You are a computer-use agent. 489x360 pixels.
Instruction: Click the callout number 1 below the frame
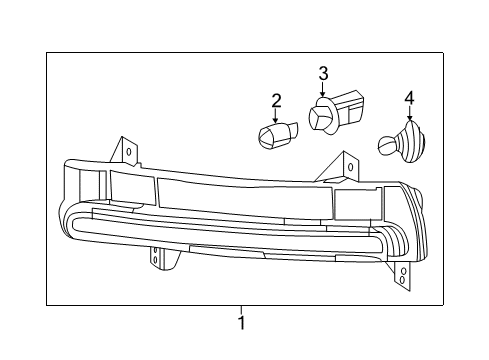[240, 323]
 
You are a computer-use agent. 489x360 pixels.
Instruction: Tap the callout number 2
[276, 101]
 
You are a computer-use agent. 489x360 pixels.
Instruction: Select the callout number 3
[323, 72]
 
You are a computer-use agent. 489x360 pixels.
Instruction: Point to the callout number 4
[409, 98]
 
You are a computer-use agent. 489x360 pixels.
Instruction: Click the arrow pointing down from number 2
[276, 116]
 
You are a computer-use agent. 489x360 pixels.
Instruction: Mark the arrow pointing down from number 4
[409, 114]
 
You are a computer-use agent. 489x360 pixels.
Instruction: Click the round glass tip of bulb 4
[385, 145]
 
